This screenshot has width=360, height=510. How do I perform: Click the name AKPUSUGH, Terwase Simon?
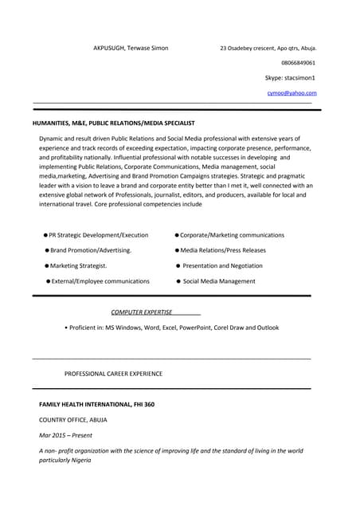coord(131,48)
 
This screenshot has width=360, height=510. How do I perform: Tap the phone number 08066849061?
coord(298,62)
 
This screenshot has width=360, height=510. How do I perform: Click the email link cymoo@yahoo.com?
coord(292,93)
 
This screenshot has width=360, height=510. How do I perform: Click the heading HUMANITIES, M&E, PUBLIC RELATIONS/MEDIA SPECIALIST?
coord(113,124)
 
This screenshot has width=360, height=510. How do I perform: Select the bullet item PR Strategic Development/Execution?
coord(98,235)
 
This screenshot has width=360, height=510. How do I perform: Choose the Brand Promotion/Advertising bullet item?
coord(91,250)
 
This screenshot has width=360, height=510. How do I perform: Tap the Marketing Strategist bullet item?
coord(78,265)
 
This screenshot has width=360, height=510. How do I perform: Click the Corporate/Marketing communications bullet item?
coord(232,235)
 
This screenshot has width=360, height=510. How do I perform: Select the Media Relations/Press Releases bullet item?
coord(223,250)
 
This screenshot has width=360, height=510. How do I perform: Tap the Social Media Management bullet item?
coord(219,281)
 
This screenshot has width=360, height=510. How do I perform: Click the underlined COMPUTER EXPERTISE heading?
coord(142,312)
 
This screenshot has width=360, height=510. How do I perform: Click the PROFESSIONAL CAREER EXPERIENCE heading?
coord(113,373)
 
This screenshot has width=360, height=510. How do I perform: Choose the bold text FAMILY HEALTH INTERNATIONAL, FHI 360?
coord(96,404)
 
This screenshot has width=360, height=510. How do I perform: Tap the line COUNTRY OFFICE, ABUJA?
coord(73,419)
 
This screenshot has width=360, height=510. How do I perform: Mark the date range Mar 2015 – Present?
coord(66,435)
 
